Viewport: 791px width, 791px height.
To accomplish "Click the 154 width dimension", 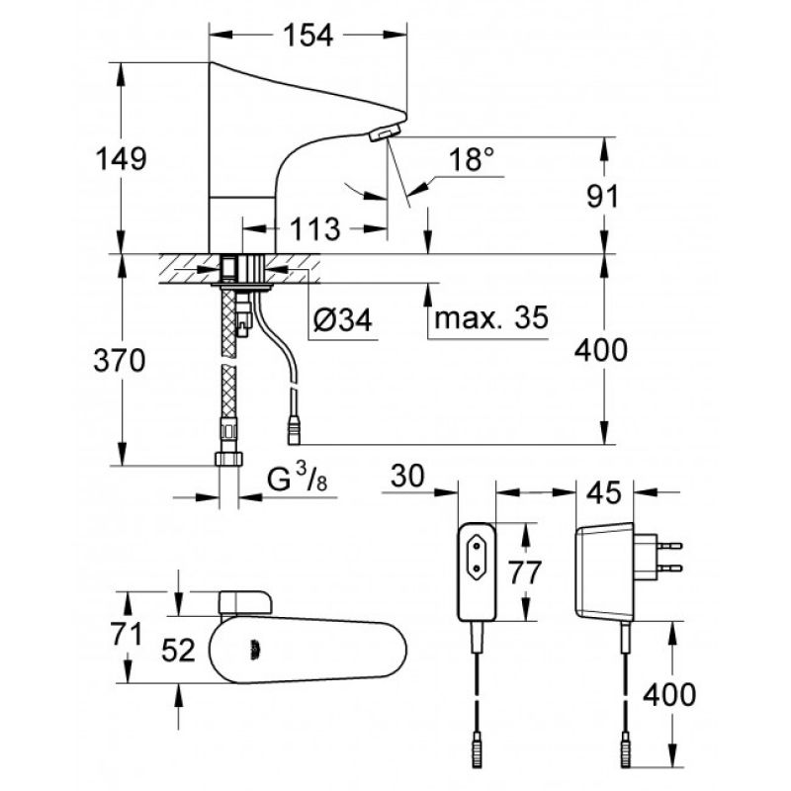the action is coord(308,36).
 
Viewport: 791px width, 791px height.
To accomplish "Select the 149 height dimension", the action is coord(121,158).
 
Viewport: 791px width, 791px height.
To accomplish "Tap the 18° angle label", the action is coord(472,159).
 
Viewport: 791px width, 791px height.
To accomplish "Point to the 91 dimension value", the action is coord(602,196).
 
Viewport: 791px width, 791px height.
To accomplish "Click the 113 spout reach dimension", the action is coord(314,229).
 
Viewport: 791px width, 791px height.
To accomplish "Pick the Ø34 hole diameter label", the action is coord(343,319).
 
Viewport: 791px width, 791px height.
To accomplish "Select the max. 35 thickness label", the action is coord(490,317).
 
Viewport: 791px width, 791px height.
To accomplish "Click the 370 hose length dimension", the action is coord(120,360).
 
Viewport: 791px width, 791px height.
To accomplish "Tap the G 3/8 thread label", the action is coord(297,478).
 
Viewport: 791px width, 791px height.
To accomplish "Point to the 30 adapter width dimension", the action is coord(407,477).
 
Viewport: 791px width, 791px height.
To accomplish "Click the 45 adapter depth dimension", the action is coord(605,492).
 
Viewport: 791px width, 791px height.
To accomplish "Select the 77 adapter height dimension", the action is coord(524,572).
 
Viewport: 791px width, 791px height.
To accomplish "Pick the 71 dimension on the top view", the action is coord(127,634).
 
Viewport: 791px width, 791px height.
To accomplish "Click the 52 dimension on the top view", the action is coord(178,651).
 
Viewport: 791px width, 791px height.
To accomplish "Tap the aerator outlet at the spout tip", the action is coord(385,133).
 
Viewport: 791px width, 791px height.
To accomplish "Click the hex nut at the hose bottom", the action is coord(228,459).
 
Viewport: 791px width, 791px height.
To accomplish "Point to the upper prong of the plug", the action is coord(669,546).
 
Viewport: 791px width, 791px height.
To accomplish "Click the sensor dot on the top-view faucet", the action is coord(255,651).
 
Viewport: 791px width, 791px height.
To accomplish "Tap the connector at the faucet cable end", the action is coord(294,430).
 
